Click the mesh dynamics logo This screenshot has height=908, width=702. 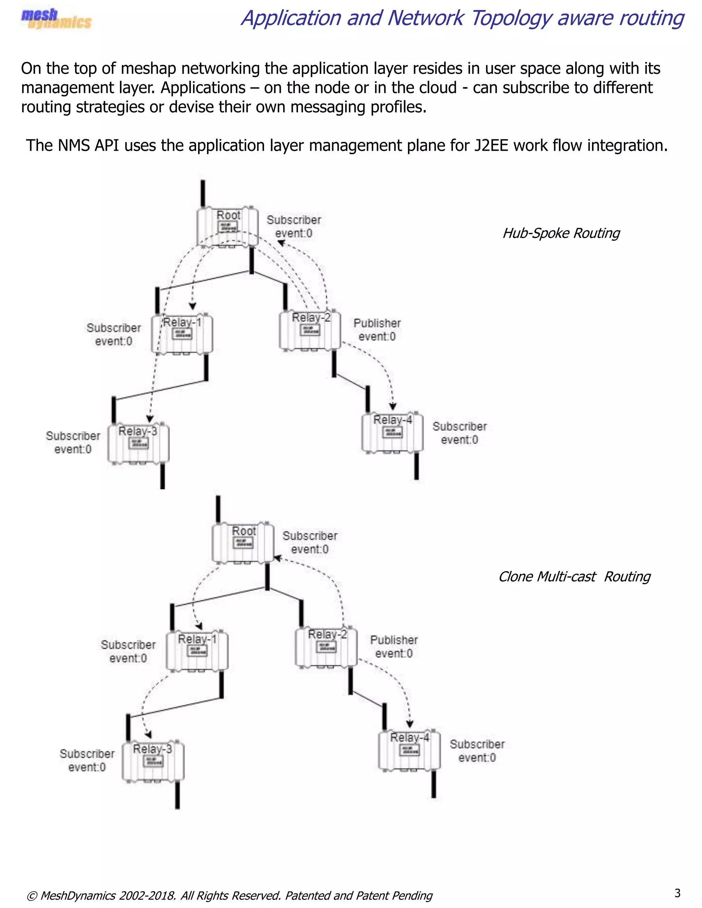click(56, 19)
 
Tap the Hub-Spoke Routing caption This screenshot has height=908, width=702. click(561, 233)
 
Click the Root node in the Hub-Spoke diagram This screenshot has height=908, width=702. click(228, 227)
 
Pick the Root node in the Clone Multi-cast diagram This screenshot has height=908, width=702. click(243, 542)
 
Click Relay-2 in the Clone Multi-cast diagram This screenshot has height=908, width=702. click(326, 647)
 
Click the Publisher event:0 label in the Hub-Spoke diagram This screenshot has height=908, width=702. click(377, 330)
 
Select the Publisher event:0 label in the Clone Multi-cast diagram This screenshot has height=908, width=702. click(394, 647)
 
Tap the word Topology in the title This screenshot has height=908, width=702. click(511, 19)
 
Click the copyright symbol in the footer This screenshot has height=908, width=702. click(32, 896)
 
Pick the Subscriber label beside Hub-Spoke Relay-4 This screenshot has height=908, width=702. click(460, 427)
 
